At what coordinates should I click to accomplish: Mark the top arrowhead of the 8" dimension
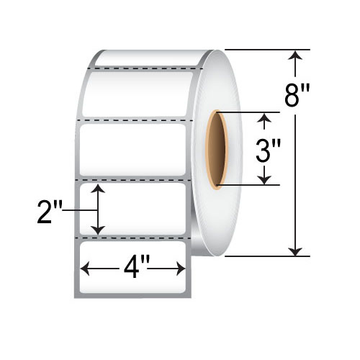tap(294, 55)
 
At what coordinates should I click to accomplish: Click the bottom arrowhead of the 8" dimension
tap(294, 251)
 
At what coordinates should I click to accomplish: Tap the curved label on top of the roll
tap(151, 58)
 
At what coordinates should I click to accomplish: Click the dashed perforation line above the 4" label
tap(133, 237)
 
